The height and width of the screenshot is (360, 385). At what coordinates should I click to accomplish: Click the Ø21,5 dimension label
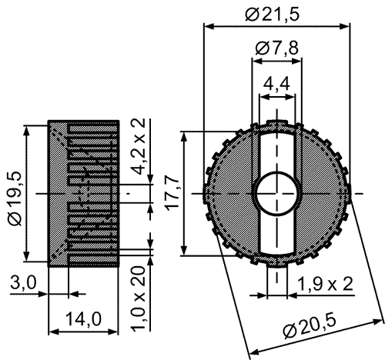pyautogui.click(x=272, y=15)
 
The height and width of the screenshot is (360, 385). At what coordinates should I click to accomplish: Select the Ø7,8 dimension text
pyautogui.click(x=277, y=48)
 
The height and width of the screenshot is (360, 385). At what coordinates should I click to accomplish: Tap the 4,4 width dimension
pyautogui.click(x=276, y=84)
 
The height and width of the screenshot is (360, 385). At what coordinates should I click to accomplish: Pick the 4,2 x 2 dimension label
pyautogui.click(x=139, y=146)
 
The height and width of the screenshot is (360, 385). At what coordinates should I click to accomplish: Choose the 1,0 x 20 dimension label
pyautogui.click(x=139, y=298)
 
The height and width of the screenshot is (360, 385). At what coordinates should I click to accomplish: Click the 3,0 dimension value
pyautogui.click(x=24, y=283)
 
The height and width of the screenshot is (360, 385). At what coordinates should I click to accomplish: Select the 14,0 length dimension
pyautogui.click(x=84, y=319)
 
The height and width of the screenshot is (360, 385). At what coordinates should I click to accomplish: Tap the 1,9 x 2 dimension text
pyautogui.click(x=325, y=284)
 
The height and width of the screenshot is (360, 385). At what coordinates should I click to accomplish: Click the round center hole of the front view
pyautogui.click(x=277, y=193)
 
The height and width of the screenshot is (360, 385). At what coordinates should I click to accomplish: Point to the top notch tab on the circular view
pyautogui.click(x=276, y=123)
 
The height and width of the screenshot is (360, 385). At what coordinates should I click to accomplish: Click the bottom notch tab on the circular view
pyautogui.click(x=276, y=264)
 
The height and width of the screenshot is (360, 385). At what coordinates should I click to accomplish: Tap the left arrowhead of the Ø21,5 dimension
pyautogui.click(x=209, y=26)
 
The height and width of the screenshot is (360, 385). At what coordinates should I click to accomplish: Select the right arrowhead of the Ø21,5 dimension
pyautogui.click(x=345, y=26)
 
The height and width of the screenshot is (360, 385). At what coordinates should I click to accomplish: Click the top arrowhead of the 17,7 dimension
pyautogui.click(x=184, y=137)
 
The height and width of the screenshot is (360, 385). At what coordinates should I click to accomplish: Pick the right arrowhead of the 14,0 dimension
pyautogui.click(x=113, y=332)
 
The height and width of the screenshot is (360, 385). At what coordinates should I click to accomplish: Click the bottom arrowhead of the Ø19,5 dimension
pyautogui.click(x=27, y=256)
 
